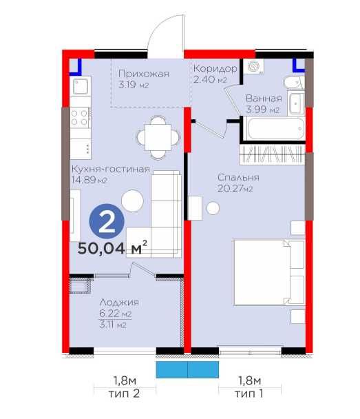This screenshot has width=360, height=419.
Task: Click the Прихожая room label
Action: point(142,74)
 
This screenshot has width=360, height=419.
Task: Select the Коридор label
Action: point(215,70)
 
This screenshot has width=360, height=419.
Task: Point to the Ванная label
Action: point(264,98)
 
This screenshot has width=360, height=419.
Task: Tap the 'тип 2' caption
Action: point(124,394)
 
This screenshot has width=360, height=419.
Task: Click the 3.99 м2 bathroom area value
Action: point(263,110)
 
